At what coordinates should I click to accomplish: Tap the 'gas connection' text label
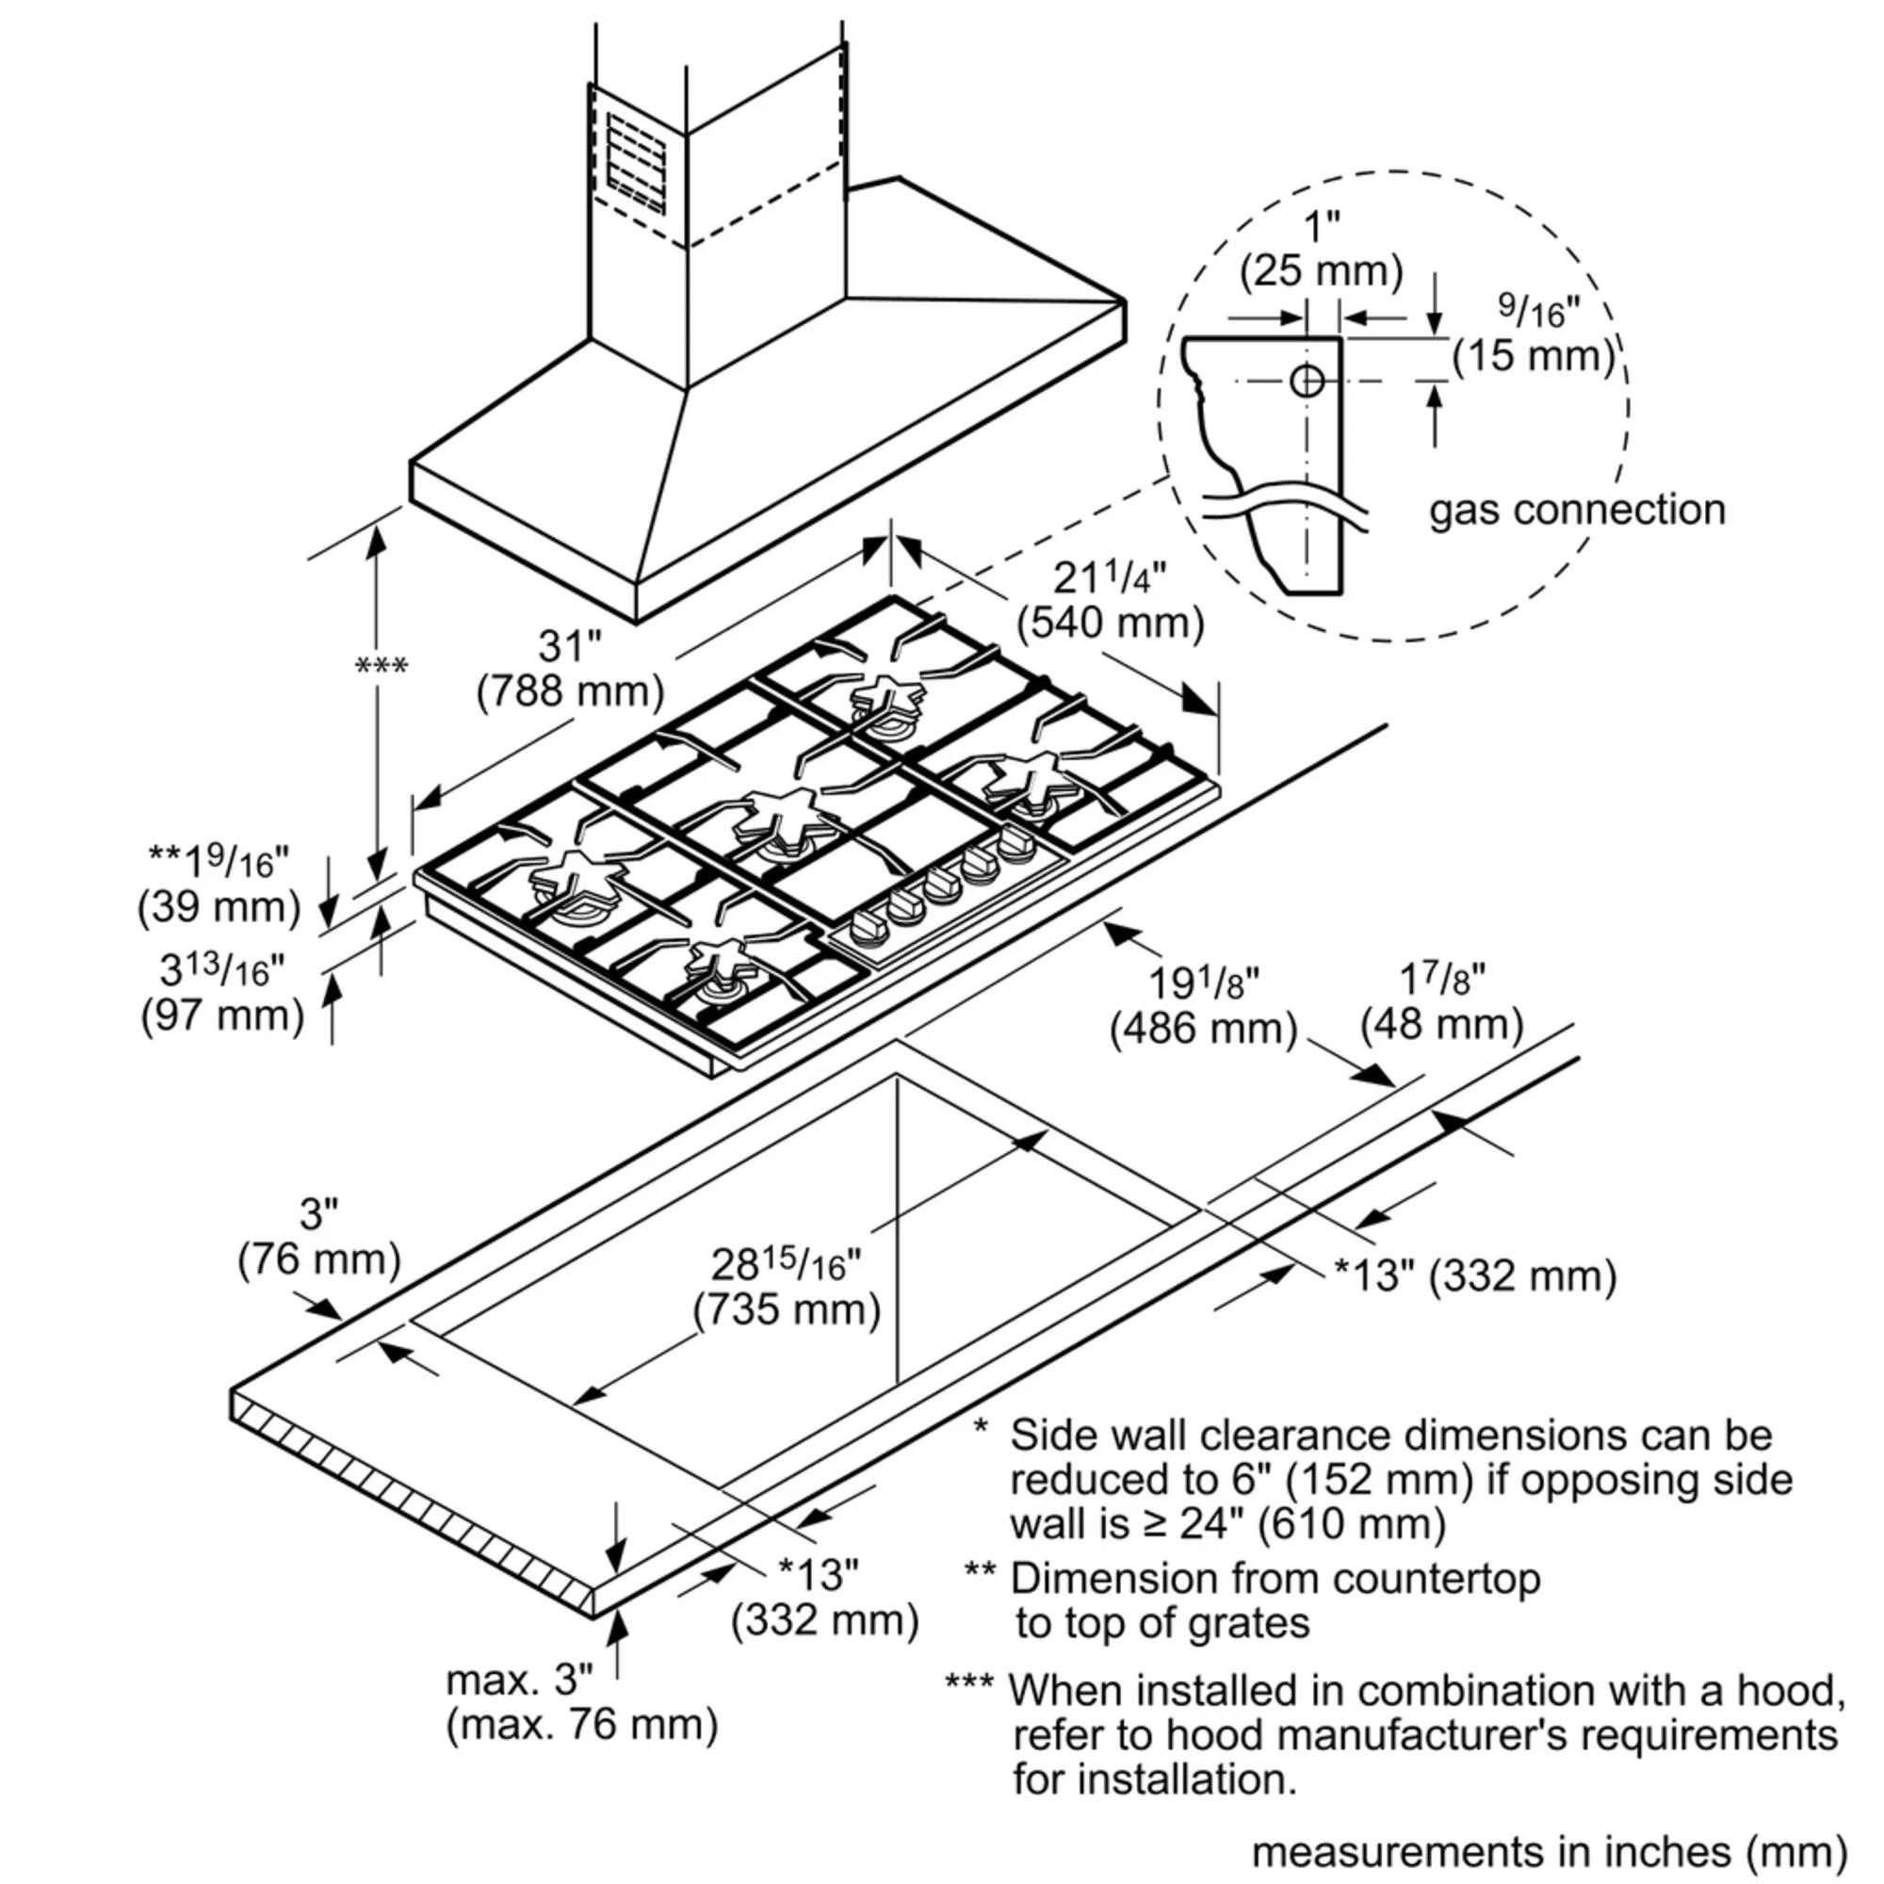click(x=1576, y=511)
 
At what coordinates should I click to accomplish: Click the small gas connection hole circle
click(x=1306, y=381)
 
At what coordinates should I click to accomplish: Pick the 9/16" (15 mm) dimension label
click(x=1534, y=336)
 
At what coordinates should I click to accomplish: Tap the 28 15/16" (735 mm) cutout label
click(x=787, y=1287)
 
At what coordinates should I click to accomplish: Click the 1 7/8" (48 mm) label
click(x=1441, y=1000)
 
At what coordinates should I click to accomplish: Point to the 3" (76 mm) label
click(x=319, y=1238)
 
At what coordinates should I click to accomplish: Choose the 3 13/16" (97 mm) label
click(x=223, y=994)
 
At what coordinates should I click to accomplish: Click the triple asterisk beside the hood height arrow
click(x=382, y=667)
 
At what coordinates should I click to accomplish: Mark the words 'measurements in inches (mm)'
click(x=1549, y=1852)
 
